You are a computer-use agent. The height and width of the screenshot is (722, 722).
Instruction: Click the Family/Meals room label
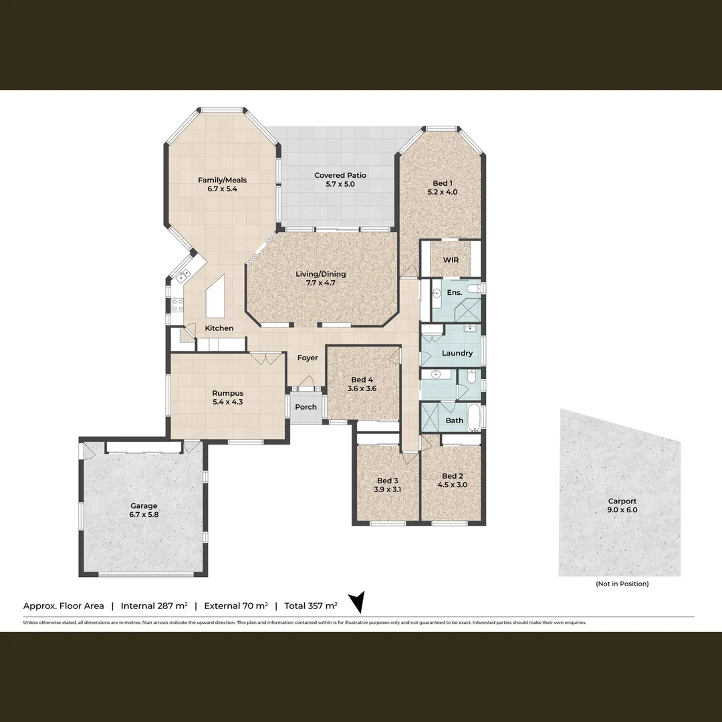(x=217, y=184)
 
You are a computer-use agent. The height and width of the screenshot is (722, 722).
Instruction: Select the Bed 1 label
(x=442, y=187)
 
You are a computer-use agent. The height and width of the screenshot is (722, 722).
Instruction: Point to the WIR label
(x=451, y=260)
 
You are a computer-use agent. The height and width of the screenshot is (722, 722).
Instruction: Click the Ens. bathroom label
(x=455, y=293)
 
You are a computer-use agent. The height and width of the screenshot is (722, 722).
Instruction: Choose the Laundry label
(x=457, y=353)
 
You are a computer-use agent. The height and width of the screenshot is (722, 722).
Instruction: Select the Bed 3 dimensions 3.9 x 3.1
(x=388, y=489)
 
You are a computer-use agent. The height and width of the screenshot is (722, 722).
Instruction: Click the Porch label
(x=306, y=407)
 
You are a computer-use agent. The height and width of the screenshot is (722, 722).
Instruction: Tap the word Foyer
(x=308, y=358)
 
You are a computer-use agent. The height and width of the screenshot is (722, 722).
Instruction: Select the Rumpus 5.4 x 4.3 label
(x=227, y=398)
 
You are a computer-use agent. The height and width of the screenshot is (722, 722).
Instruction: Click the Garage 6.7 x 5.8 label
(x=144, y=510)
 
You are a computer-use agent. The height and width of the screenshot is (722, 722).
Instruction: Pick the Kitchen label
(x=219, y=328)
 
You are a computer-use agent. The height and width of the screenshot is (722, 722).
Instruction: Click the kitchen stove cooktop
(x=178, y=305)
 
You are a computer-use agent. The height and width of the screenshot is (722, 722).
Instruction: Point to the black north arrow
(x=358, y=601)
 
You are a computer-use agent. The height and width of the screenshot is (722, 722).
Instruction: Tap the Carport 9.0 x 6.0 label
(x=622, y=505)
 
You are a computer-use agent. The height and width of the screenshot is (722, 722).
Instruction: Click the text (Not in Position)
(x=622, y=584)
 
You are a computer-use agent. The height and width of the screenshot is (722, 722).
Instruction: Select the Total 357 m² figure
(x=311, y=606)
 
